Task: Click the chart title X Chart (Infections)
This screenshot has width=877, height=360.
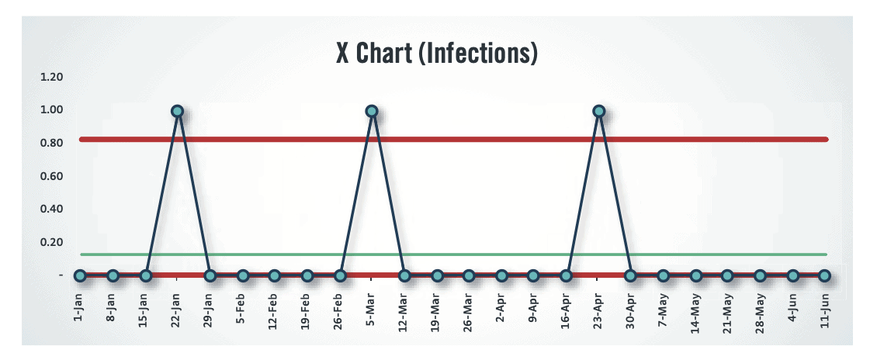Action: coord(437,54)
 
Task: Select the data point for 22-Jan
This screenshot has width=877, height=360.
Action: coord(177,112)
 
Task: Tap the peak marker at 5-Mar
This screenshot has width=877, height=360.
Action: coord(372,112)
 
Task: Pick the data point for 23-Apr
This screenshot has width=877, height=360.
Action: coord(598,112)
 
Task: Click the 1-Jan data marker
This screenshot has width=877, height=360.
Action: coord(80,275)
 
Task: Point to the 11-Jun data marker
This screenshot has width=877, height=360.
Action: coord(824,275)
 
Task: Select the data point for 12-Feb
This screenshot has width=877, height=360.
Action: coord(274,275)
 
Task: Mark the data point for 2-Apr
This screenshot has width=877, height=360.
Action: coord(501,275)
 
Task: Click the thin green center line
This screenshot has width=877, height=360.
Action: coord(466,254)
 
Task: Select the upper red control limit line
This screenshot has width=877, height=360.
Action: coord(466,140)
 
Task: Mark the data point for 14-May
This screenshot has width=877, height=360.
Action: coord(695,275)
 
